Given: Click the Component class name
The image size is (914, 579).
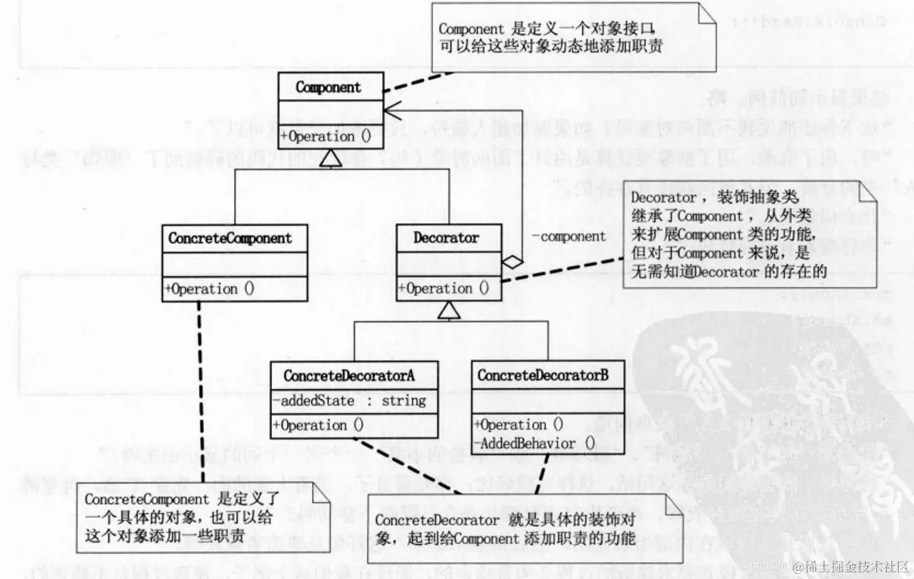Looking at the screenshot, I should (328, 88).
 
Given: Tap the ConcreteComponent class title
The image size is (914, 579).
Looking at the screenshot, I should (230, 238).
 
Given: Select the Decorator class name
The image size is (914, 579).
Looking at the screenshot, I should (446, 238).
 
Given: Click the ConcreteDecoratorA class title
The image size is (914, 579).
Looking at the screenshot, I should (349, 376).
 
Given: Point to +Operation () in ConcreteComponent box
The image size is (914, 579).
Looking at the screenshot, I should (210, 289).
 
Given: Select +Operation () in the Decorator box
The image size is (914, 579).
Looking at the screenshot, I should (444, 289).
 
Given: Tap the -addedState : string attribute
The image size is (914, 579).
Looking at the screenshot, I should (348, 401).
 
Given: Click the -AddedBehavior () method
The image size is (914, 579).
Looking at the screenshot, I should (536, 444).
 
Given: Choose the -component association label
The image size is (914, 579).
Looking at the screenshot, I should (568, 236).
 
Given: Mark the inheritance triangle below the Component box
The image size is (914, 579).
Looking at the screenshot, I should (331, 155).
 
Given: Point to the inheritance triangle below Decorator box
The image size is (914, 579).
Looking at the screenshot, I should (448, 311).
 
